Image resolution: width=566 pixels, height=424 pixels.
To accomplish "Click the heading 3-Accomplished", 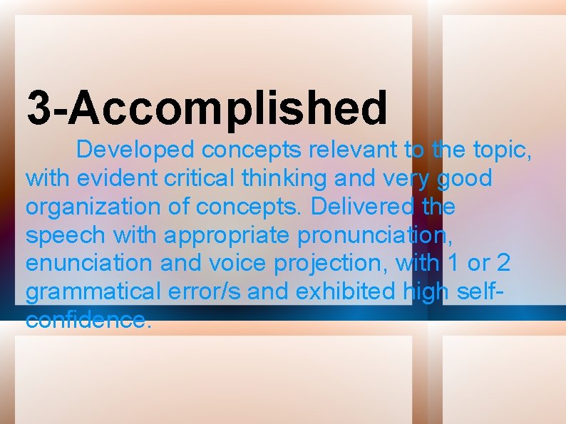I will (207, 107).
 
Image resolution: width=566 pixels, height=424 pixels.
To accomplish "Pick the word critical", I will (192, 178).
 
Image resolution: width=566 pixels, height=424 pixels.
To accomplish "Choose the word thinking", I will (272, 178).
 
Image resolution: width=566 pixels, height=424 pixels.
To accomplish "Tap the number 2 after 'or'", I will (503, 263).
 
